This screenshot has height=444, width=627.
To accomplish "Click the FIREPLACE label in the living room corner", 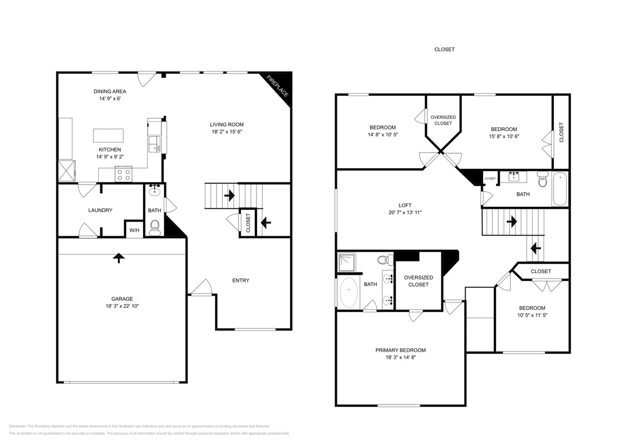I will point(277,86).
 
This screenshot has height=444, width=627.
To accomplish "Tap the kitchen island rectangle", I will point(108,135).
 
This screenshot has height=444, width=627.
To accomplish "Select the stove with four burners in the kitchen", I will point(124,174).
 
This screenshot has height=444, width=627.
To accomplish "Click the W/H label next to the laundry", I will point(135,230).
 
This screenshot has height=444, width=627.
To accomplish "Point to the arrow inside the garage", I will point(119,258).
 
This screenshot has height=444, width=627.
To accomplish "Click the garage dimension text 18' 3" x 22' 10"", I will point(121,306).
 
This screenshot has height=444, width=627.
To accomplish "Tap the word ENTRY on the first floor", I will point(241,280).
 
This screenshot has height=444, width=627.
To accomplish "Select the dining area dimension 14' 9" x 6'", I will point(110,98).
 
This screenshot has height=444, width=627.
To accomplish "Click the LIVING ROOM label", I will point(224,125).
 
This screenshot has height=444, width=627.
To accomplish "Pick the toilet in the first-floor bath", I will point(155,227).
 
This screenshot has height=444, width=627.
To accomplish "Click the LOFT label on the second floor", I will point(405,205).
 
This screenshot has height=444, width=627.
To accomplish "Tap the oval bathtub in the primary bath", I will point(348,292).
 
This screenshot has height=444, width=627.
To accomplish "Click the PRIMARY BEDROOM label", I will point(400,350).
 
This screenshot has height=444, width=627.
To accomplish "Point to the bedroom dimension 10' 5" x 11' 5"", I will point(532,315).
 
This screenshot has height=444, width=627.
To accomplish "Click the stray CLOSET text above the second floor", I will point(444,49).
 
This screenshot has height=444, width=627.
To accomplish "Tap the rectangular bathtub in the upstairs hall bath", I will point(560,189).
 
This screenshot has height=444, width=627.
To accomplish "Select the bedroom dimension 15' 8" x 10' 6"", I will point(503,136).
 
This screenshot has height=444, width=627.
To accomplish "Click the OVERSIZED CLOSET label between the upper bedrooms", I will point(443,120).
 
